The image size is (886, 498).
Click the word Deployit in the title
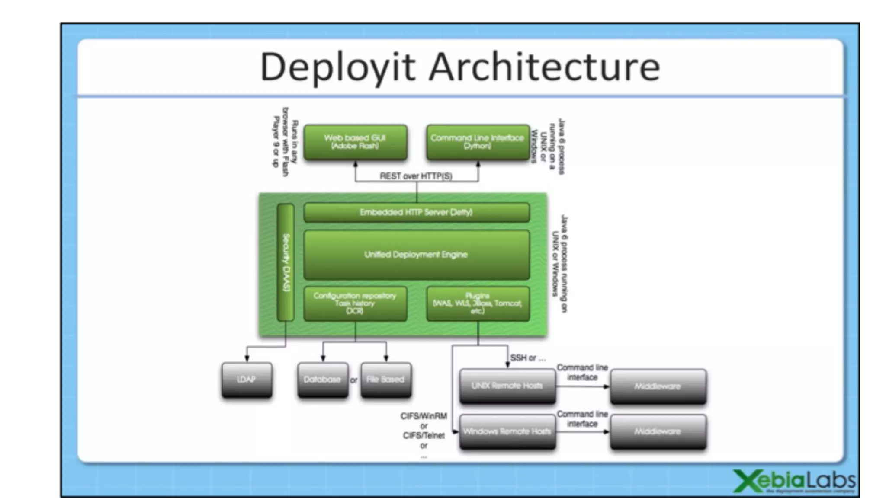click(338, 67)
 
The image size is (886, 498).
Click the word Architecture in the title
click(544, 67)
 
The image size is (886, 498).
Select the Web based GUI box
click(355, 142)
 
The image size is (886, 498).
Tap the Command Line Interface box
click(478, 142)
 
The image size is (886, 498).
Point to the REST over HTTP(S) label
click(416, 176)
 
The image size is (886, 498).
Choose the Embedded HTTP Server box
click(416, 212)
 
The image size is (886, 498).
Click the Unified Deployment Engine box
click(416, 255)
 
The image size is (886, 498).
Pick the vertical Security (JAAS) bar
click(286, 262)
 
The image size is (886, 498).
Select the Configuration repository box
click(355, 303)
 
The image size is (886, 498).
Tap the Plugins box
click(478, 303)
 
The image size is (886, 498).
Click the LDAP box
click(247, 380)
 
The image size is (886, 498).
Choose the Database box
click(322, 380)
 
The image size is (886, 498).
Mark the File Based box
click(385, 380)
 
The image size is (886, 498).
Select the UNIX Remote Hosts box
click(507, 386)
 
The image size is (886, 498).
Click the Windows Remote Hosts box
click(507, 431)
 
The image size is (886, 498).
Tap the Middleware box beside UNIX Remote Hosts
click(658, 386)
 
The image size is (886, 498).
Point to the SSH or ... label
click(528, 358)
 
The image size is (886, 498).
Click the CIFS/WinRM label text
click(424, 416)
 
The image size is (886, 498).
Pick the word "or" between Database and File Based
click(354, 380)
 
